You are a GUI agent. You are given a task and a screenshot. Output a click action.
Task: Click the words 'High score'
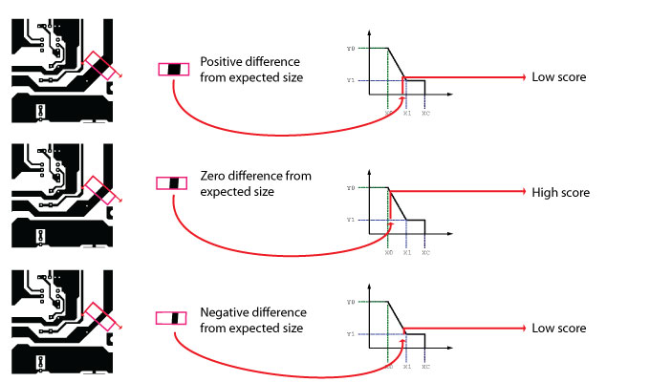point(561,193)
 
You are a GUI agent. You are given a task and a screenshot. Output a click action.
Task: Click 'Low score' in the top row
point(559,76)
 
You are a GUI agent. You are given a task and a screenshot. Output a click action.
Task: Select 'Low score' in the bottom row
point(559,329)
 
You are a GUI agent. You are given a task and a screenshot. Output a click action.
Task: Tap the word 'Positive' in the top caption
point(222,61)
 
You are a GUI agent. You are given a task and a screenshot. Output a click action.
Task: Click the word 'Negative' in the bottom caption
point(225,313)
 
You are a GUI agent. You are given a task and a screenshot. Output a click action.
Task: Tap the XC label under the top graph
point(425,113)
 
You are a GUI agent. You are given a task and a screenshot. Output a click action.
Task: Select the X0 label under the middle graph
point(388,253)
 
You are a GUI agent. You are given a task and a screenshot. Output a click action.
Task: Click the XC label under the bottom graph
point(425,366)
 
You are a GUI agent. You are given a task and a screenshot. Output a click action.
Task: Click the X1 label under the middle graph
point(406,253)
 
